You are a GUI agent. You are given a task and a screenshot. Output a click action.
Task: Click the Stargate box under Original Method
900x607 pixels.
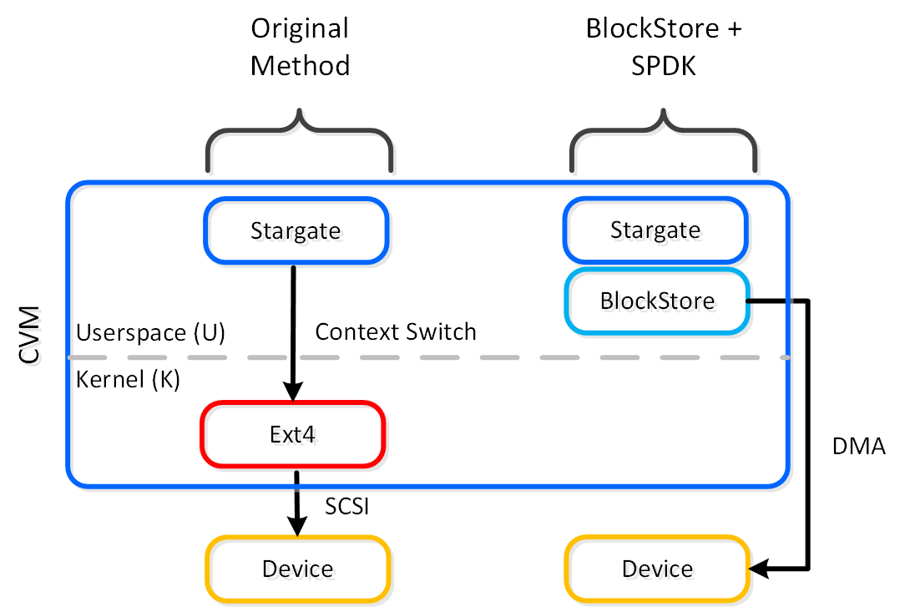296,230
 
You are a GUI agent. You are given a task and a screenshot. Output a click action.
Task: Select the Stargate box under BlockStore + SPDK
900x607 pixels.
655,230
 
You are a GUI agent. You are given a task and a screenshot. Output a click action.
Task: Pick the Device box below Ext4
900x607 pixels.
298,569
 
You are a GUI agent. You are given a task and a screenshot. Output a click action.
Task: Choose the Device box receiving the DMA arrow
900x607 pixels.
657,569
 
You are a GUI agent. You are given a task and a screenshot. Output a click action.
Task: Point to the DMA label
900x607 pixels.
858,448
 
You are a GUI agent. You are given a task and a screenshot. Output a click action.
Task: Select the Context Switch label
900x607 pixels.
396,331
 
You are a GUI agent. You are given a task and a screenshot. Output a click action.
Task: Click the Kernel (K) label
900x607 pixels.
129,379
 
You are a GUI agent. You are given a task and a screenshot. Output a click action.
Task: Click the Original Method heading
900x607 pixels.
300,47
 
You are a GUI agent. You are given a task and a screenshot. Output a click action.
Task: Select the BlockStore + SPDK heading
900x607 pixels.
664,47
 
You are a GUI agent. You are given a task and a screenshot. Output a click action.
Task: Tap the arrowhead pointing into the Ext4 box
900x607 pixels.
293,391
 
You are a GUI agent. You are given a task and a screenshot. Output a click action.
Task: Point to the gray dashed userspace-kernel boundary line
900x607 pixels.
501,357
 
